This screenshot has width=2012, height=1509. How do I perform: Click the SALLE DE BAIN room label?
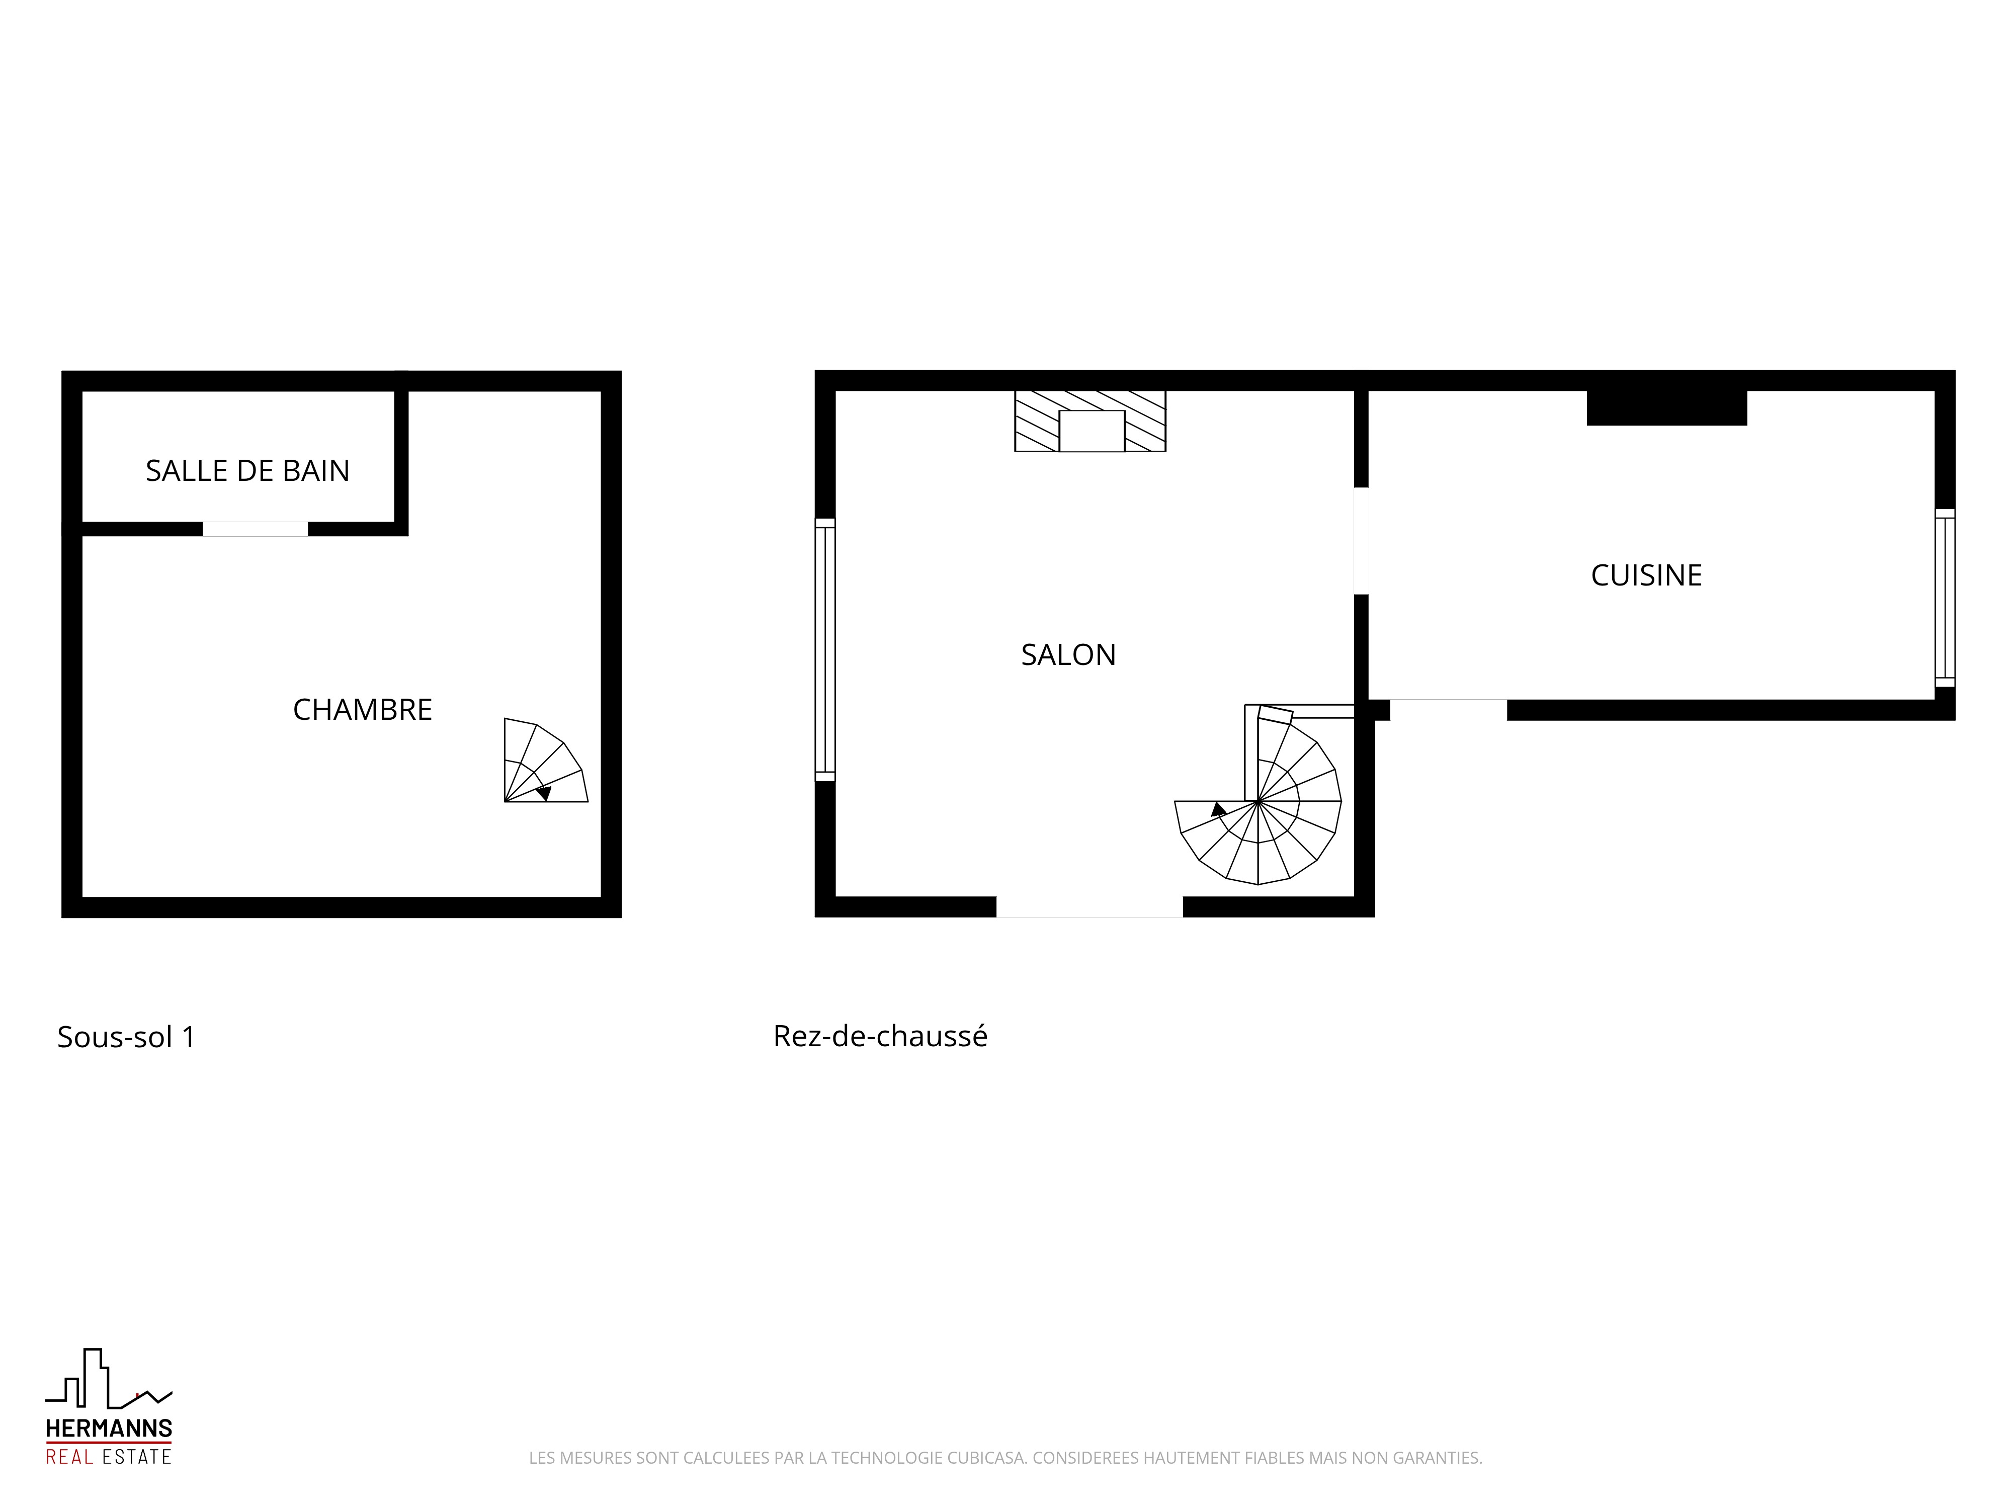click(247, 470)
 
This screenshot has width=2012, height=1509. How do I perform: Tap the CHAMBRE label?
click(362, 709)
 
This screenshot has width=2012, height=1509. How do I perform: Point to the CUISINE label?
click(1646, 575)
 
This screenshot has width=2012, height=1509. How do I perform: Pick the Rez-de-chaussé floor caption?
click(880, 1036)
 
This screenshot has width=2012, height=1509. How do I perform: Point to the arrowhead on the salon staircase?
click(1218, 809)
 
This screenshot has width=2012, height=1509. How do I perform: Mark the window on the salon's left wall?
click(825, 649)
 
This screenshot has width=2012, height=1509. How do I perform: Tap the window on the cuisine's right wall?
click(1945, 598)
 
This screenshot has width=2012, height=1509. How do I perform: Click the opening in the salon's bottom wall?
click(1089, 907)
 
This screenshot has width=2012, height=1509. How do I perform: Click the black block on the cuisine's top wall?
click(1667, 407)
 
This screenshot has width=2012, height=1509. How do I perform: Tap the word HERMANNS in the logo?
click(109, 1429)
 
